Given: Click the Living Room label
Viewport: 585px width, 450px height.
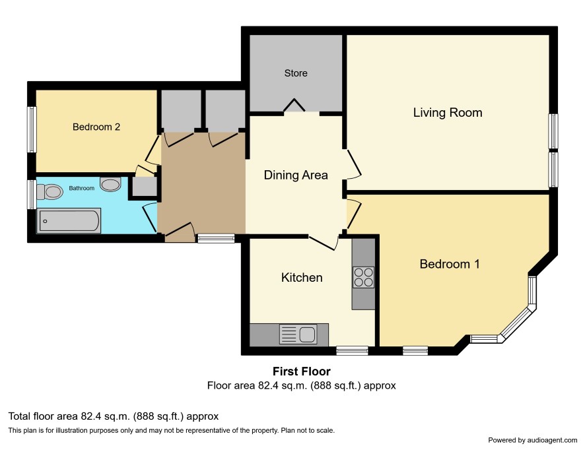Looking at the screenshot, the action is point(447,113).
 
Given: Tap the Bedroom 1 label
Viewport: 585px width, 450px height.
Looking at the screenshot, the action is point(450,264).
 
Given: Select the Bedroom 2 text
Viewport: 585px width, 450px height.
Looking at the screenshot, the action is point(96,127).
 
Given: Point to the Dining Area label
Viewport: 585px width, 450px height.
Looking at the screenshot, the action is point(296,175).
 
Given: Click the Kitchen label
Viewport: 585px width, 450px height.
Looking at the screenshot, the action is point(302,277).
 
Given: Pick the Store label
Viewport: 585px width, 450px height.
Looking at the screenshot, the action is point(296,73).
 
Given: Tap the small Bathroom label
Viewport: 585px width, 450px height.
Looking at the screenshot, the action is point(82,188).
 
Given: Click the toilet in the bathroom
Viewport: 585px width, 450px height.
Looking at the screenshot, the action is point(50,191).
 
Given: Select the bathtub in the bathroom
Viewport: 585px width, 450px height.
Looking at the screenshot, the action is point(69,221).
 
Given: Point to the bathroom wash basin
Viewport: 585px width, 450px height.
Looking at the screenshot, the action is point(110,184).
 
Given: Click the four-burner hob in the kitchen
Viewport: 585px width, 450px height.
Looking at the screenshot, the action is point(363,277).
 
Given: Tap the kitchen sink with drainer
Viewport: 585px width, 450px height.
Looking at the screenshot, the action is point(298,334).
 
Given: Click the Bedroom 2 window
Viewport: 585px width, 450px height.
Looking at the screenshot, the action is point(32,129).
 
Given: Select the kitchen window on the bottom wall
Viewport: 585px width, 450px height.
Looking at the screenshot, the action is point(352,350).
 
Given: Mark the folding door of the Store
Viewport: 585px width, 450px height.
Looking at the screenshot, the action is point(294,105).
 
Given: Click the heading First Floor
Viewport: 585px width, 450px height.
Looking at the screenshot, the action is point(302,371).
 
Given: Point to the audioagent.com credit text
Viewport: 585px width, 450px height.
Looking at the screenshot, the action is point(533,440).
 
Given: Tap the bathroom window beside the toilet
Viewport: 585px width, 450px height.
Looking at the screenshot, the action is point(32,194).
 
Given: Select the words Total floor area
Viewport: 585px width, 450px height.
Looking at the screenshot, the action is point(44,416).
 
